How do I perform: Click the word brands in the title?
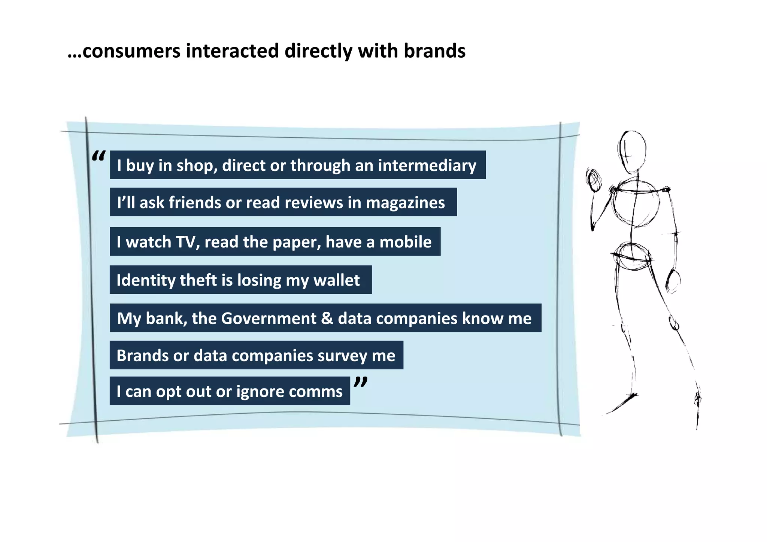point(434,51)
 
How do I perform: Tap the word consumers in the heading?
point(131,51)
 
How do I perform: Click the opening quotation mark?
point(98,156)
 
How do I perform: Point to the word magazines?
point(405,203)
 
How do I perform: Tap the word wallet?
point(336,280)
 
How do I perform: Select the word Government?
point(269,318)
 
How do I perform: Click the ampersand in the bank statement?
point(327,318)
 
